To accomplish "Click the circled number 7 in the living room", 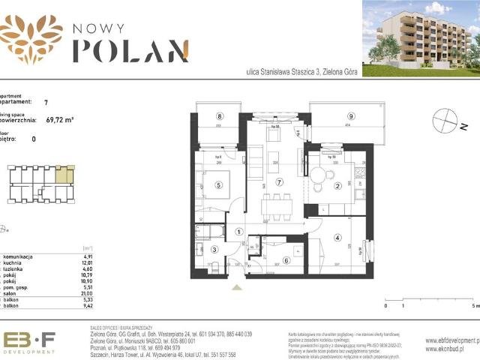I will (x=280, y=182).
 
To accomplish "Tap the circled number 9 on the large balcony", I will (x=351, y=116).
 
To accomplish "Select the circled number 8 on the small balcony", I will (x=220, y=116).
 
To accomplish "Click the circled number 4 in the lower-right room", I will (x=337, y=239).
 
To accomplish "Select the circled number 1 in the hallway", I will (x=239, y=232).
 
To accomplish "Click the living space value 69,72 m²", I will (x=59, y=118).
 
